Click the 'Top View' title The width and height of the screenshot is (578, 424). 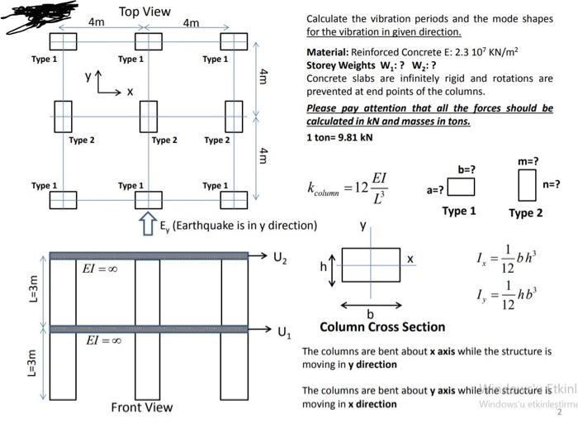(x=144, y=12)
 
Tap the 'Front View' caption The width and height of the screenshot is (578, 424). (x=142, y=407)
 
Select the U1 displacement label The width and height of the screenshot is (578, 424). (x=284, y=334)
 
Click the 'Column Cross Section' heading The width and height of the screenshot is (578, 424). (x=381, y=326)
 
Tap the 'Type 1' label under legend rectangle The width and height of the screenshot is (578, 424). (x=459, y=211)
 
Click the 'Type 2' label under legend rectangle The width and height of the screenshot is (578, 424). (x=526, y=213)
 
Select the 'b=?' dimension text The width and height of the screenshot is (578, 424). (x=467, y=169)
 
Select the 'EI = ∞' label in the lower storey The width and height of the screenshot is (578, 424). (x=104, y=341)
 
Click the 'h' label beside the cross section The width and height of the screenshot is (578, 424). (x=324, y=267)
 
